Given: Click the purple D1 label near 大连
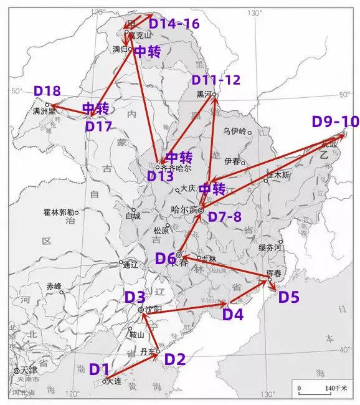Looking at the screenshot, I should (x=100, y=369).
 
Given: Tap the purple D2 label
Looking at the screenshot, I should (x=175, y=359).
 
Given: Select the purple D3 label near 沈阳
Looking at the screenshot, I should (x=135, y=297).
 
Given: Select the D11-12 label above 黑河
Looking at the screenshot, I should (x=216, y=80).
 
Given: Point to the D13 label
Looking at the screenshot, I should (x=160, y=176).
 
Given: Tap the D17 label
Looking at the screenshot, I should (x=98, y=126).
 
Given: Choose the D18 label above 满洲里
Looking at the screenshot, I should (x=47, y=91).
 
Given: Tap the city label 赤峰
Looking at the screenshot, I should (x=54, y=286).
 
